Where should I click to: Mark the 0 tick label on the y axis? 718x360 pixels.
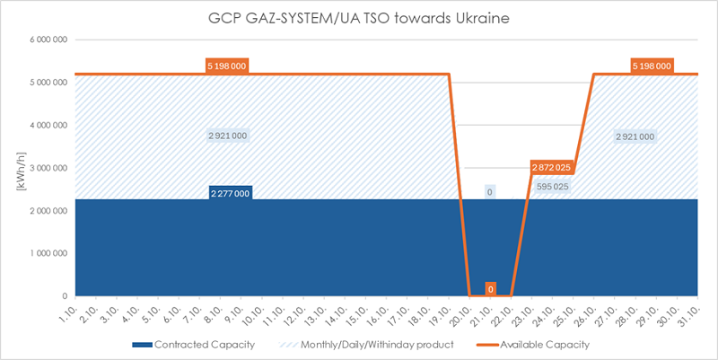click(x=64, y=296)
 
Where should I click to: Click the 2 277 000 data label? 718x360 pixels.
click(x=229, y=192)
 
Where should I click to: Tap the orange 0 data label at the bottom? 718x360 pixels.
click(x=490, y=288)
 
